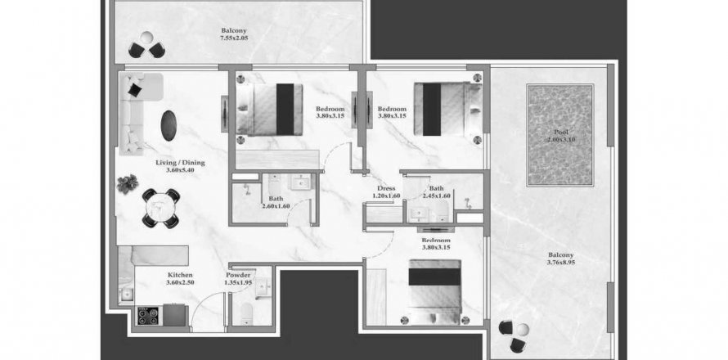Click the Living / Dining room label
(x=180, y=163)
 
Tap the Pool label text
(x=560, y=133)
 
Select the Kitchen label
(x=180, y=275)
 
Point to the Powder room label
(x=238, y=275)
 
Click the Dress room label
(x=386, y=189)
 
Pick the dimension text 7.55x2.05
(x=234, y=38)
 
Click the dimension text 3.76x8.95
(x=561, y=263)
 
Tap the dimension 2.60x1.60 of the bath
(x=276, y=206)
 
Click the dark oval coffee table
(x=169, y=125)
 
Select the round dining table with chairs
(x=160, y=209)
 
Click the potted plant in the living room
(x=128, y=184)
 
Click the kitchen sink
(x=126, y=294)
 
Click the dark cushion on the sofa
(x=135, y=89)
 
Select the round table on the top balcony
(x=146, y=38)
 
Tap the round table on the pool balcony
(x=523, y=330)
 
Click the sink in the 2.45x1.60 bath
(x=420, y=214)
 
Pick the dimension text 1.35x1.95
(x=238, y=282)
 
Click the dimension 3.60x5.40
(x=180, y=170)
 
